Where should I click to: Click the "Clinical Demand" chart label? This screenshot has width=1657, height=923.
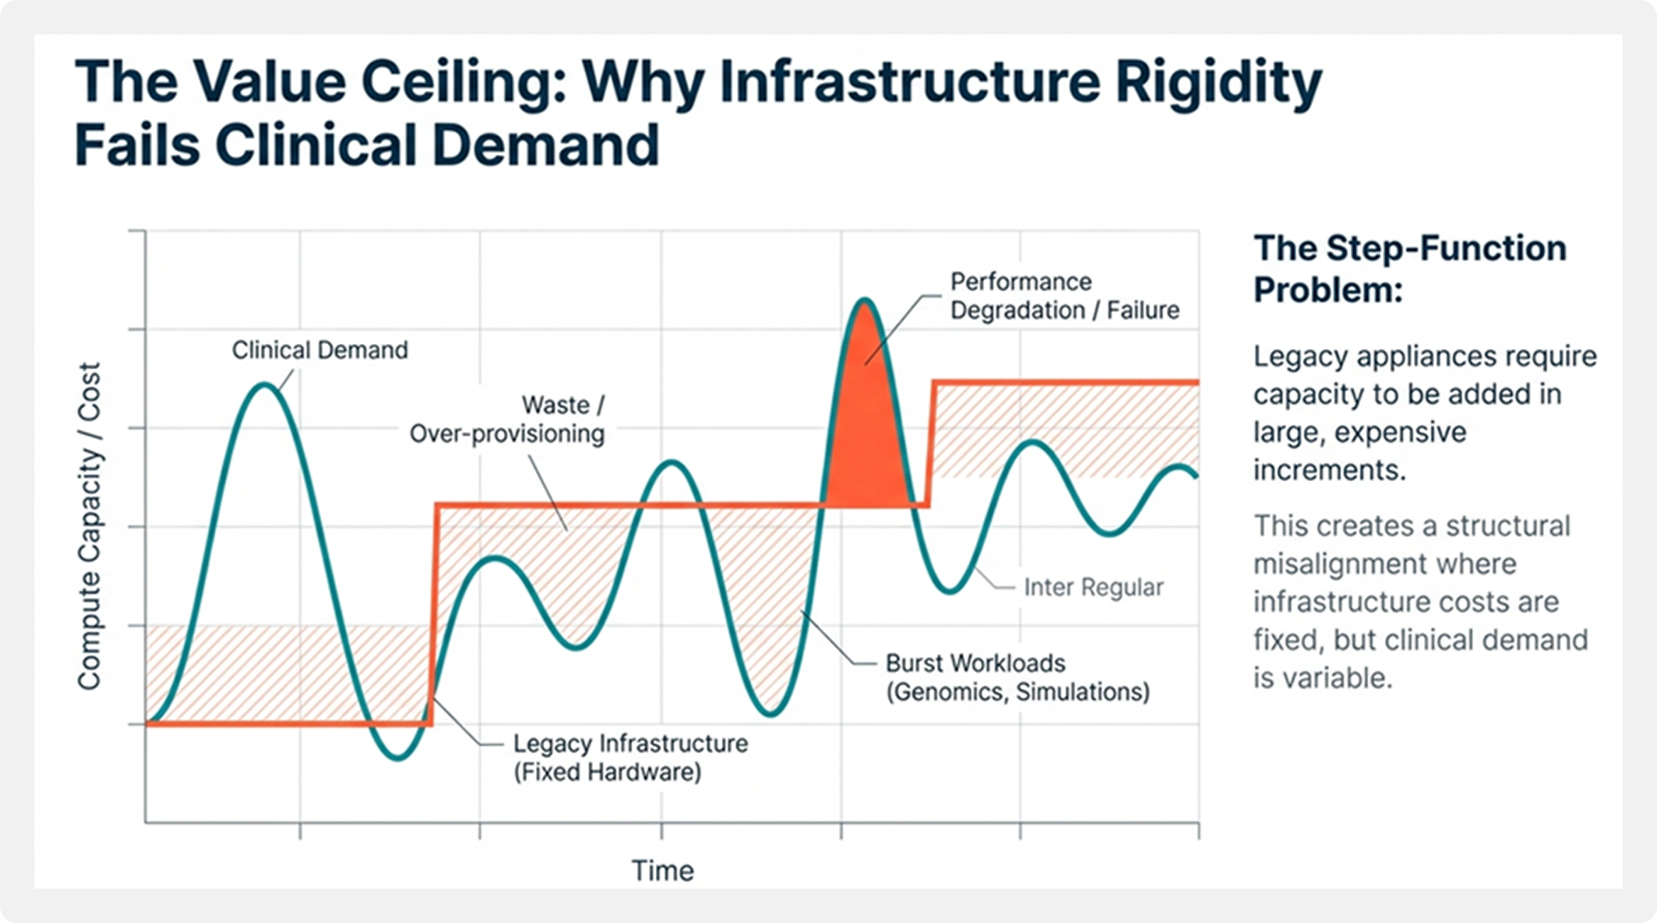click(x=320, y=350)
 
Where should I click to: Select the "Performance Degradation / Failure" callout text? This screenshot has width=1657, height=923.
click(x=1064, y=296)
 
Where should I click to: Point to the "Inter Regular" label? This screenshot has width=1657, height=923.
click(x=1093, y=587)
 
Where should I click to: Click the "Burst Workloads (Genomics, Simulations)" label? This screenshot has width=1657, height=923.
click(x=1017, y=677)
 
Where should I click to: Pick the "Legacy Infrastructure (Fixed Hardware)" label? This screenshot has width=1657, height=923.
click(x=630, y=758)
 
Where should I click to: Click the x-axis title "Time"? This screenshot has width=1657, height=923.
click(x=663, y=871)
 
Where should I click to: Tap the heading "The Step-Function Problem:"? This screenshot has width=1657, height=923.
click(x=1409, y=269)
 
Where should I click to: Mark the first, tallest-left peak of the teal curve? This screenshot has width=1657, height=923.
click(x=265, y=386)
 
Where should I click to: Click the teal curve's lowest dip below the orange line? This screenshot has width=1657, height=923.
click(x=398, y=758)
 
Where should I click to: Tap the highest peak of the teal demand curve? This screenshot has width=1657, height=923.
click(x=865, y=301)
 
